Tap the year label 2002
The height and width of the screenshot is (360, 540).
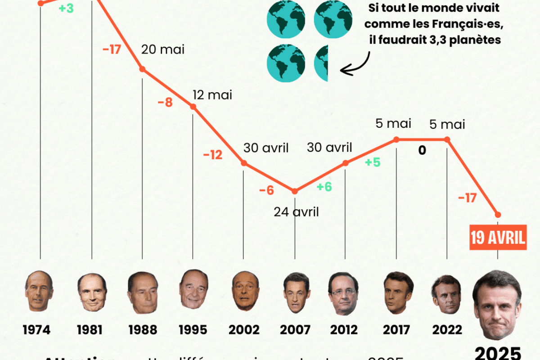(243, 329)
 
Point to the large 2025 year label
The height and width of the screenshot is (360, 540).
(498, 352)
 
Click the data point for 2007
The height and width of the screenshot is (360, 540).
(295, 191)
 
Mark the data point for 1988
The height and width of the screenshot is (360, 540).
(142, 69)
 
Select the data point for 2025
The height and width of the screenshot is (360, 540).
(498, 214)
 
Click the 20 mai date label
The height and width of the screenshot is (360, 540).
(163, 49)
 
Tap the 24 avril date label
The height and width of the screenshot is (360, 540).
(296, 211)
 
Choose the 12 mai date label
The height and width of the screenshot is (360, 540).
(212, 95)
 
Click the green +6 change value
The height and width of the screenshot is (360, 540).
(324, 187)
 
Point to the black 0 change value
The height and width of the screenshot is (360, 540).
(422, 151)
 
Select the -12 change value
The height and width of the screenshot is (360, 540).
(212, 156)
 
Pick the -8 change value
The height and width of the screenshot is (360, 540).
(165, 103)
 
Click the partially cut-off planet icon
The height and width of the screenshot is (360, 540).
(322, 63)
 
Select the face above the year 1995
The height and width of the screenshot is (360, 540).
(193, 288)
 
